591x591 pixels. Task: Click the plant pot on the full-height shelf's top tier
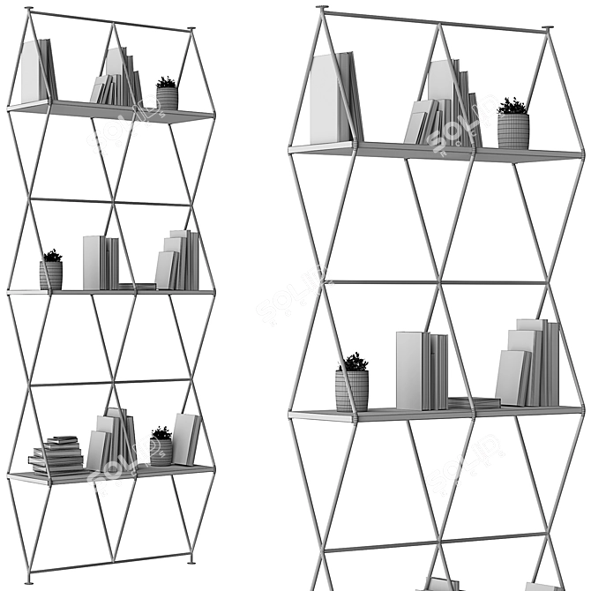click(x=167, y=97)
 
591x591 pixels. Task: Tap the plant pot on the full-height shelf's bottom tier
click(x=161, y=451)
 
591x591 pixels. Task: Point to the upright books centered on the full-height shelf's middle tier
click(x=101, y=262)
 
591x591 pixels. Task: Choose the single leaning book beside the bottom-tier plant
click(x=186, y=438)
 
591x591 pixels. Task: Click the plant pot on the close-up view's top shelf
click(x=512, y=130)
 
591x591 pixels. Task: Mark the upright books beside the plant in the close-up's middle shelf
click(x=421, y=370)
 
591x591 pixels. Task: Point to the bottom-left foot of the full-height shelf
click(x=29, y=580)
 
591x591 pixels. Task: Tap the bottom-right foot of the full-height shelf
click(x=191, y=557)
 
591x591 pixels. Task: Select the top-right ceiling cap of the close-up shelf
click(x=548, y=30)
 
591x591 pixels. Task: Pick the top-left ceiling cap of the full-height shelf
click(x=29, y=10)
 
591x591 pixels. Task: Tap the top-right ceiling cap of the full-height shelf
click(x=191, y=30)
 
